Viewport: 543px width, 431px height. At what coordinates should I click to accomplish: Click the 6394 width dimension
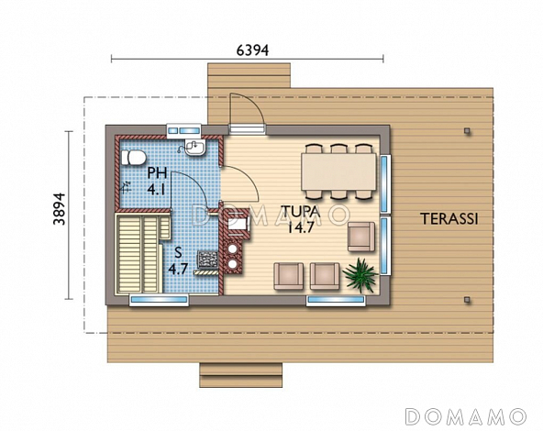tap(252, 50)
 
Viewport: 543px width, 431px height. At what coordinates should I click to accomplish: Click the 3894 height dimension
tap(60, 209)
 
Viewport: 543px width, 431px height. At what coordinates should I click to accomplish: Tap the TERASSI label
tap(449, 219)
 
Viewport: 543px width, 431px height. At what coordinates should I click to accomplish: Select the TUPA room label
tap(301, 212)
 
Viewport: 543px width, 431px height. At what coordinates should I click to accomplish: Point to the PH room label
tap(157, 172)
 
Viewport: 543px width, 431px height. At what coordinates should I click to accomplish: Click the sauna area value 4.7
tap(178, 269)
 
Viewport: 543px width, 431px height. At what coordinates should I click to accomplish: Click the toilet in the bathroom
tap(133, 158)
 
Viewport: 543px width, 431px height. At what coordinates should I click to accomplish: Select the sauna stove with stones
tap(208, 260)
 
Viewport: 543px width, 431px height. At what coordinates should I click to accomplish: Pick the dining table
tap(338, 171)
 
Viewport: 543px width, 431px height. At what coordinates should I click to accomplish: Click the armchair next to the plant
tap(325, 276)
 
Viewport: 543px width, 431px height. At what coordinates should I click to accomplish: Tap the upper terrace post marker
tap(468, 131)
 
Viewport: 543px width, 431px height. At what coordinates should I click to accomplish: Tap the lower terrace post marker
tap(468, 300)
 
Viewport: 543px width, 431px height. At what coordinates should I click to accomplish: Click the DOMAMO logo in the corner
tap(465, 416)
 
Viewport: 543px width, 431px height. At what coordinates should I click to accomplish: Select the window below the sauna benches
tap(159, 300)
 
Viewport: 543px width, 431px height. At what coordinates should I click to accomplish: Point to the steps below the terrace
tap(241, 375)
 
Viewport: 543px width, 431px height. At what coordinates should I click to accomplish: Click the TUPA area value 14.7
tap(301, 227)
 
